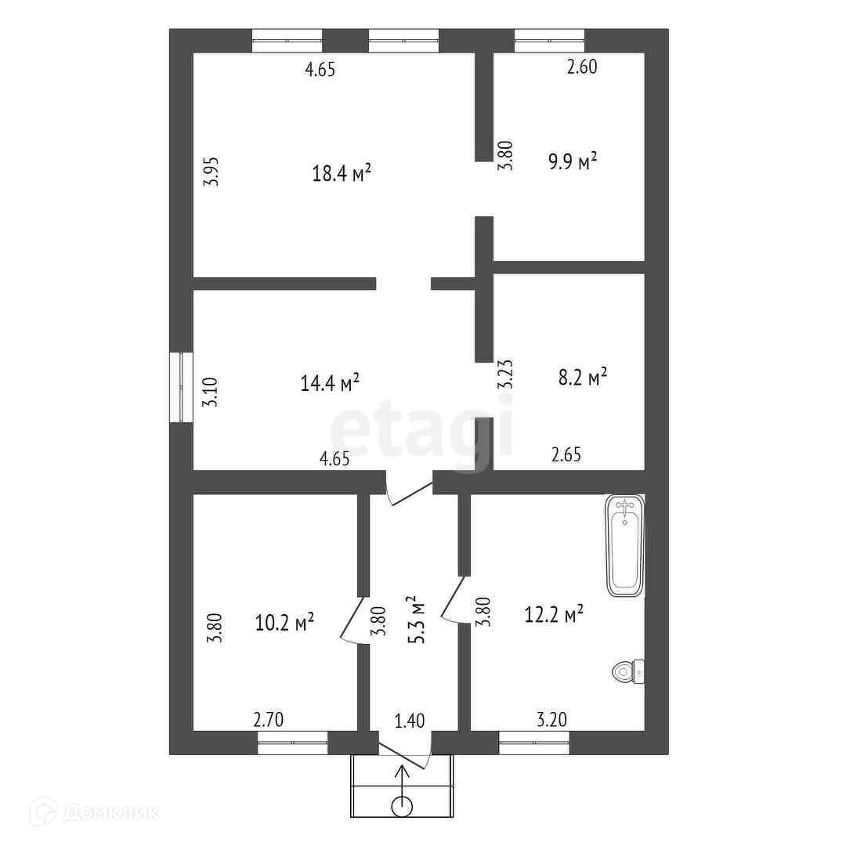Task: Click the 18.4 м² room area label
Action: point(342,173)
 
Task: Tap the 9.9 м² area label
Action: point(573,161)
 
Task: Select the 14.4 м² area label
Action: point(330,382)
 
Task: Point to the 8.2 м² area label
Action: point(583,377)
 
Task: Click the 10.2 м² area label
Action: point(284,623)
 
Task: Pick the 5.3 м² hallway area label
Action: point(417,620)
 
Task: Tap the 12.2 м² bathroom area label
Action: point(554,614)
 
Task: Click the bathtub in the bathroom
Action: point(625,545)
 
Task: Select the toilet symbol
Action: point(628,672)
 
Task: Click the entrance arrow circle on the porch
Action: point(402,807)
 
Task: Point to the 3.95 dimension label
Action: point(211,172)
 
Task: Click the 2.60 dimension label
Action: point(581,67)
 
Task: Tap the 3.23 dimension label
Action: point(505,374)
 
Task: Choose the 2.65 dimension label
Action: point(566,455)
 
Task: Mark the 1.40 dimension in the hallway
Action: point(410,721)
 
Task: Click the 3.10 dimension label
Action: point(210,392)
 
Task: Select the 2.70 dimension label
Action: point(268,720)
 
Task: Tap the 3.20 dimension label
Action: point(551,719)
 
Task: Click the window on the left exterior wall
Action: point(181,387)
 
